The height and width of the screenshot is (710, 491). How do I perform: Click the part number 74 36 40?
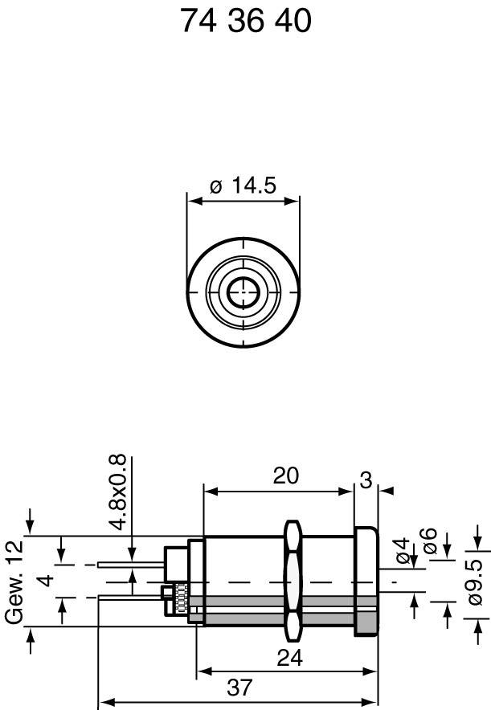pos(245,22)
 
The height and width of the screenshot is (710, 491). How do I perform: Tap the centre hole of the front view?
pos(243,292)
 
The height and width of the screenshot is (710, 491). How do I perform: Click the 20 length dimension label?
pos(285,475)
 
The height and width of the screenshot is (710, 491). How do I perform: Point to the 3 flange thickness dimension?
pos(366,481)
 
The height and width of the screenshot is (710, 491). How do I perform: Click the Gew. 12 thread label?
pos(14,582)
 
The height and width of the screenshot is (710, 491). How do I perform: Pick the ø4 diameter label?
pos(401,553)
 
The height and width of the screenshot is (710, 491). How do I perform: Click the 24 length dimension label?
pos(289,658)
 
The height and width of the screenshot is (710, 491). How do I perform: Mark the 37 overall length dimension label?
pos(239,688)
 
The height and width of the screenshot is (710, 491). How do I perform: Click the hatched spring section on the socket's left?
pos(182,601)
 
